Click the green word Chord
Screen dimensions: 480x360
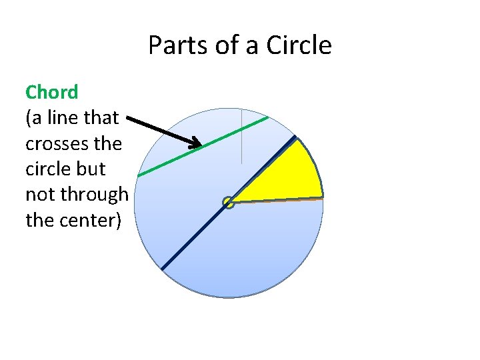(51, 91)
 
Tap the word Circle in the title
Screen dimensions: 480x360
(299, 45)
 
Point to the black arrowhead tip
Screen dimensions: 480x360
(201, 145)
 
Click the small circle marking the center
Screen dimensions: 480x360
(229, 202)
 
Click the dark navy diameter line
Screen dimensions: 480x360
(193, 237)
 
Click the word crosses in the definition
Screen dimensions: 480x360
(55, 143)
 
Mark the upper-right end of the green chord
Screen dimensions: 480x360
(268, 118)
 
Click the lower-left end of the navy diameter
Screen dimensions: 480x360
(162, 269)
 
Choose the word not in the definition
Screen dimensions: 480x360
(38, 194)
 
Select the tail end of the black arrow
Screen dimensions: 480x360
(127, 119)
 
